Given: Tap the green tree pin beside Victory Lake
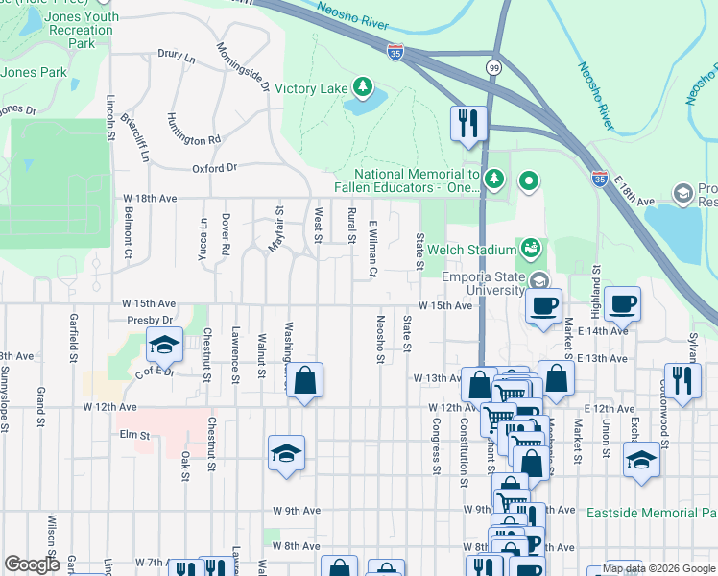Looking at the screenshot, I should click(362, 88).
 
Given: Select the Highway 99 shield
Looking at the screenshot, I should click(493, 67).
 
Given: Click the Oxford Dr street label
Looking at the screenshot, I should click(214, 167).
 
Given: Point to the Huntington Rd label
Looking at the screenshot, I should click(193, 138).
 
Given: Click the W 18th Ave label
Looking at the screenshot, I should click(151, 198).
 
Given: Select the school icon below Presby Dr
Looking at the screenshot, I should click(164, 344).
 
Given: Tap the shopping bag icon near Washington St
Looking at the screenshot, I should click(304, 380).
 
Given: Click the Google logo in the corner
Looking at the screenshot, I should click(32, 564).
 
